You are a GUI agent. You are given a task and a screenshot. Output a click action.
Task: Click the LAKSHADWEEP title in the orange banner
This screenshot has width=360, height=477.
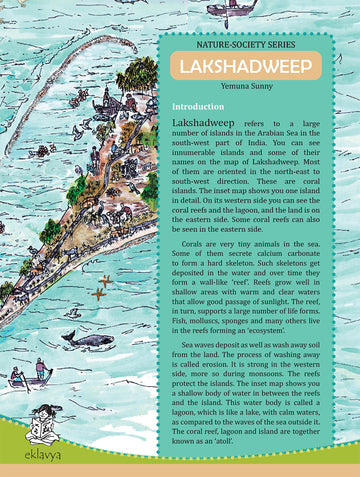click(x=237, y=66)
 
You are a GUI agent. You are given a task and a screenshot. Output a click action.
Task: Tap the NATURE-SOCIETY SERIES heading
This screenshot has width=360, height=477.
click(x=238, y=43)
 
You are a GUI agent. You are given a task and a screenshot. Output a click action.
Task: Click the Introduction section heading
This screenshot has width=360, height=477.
click(x=199, y=106)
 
